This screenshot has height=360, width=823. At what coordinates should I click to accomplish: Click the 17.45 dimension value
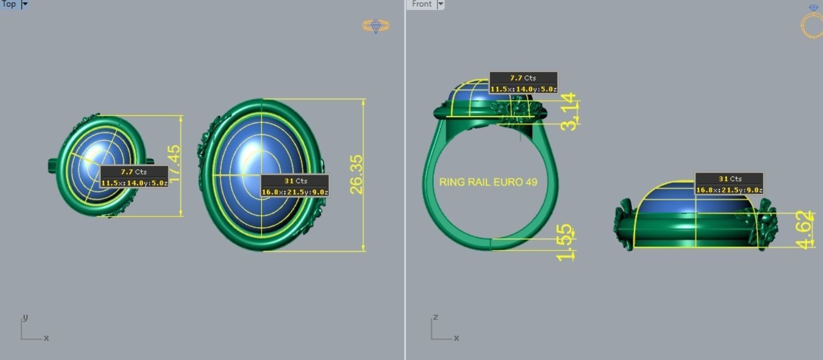click(174, 162)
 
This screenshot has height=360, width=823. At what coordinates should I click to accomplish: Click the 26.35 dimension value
click(356, 174)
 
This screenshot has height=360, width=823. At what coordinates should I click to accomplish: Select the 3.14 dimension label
click(568, 112)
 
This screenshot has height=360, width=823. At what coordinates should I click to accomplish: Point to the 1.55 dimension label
click(565, 242)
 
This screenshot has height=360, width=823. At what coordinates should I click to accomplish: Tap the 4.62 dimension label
click(805, 229)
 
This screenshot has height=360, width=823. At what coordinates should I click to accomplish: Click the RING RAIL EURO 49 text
click(488, 182)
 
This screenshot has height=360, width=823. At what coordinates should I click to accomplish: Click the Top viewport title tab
click(9, 4)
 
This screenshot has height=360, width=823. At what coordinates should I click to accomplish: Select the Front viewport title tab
click(422, 4)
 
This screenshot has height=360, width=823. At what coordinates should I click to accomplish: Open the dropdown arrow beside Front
click(440, 4)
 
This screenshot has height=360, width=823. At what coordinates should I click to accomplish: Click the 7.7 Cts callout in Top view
click(134, 177)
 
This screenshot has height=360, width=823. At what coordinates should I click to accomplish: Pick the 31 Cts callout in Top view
click(295, 186)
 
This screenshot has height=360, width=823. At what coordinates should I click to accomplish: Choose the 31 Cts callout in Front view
click(729, 184)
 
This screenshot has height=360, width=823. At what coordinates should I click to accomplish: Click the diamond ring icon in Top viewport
click(376, 26)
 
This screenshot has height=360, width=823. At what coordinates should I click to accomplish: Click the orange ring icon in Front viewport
click(812, 24)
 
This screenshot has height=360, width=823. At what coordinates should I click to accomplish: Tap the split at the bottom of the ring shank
click(490, 244)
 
